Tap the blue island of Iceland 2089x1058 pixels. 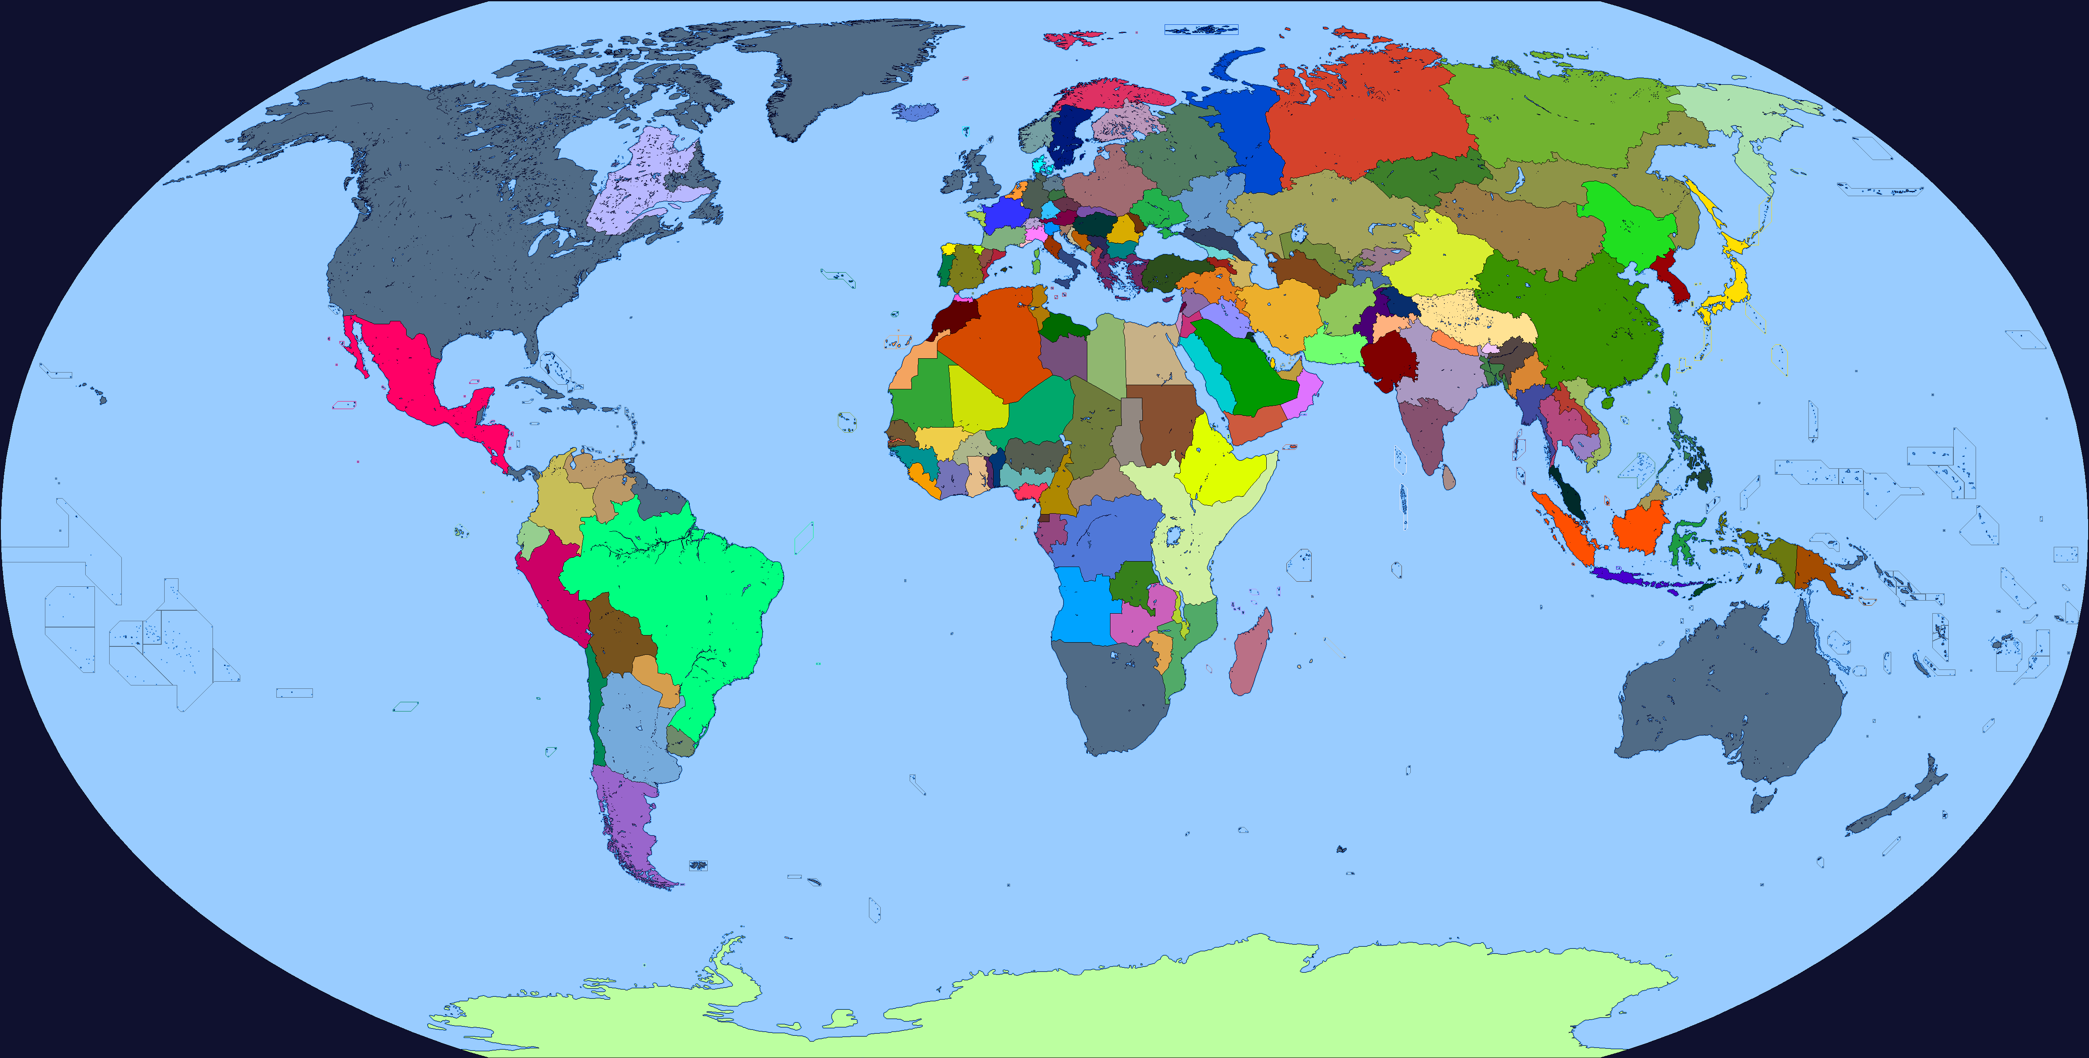[916, 111]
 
